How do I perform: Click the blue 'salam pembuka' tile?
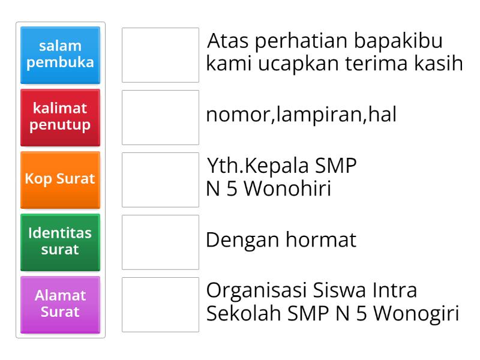tap(60, 55)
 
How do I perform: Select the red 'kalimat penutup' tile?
tap(60, 117)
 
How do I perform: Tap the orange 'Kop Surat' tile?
tap(60, 179)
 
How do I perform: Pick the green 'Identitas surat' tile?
tap(60, 241)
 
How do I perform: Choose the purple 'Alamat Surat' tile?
tap(60, 304)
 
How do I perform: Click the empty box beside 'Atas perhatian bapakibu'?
tap(160, 55)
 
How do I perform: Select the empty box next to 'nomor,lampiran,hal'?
tap(160, 117)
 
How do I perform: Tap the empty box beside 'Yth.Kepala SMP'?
tap(160, 179)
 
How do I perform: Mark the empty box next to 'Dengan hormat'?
tap(160, 242)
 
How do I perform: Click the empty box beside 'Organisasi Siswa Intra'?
tap(160, 304)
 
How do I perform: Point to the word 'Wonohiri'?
tap(281, 189)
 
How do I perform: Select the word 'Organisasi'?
tap(256, 290)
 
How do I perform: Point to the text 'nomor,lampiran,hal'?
tap(301, 115)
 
